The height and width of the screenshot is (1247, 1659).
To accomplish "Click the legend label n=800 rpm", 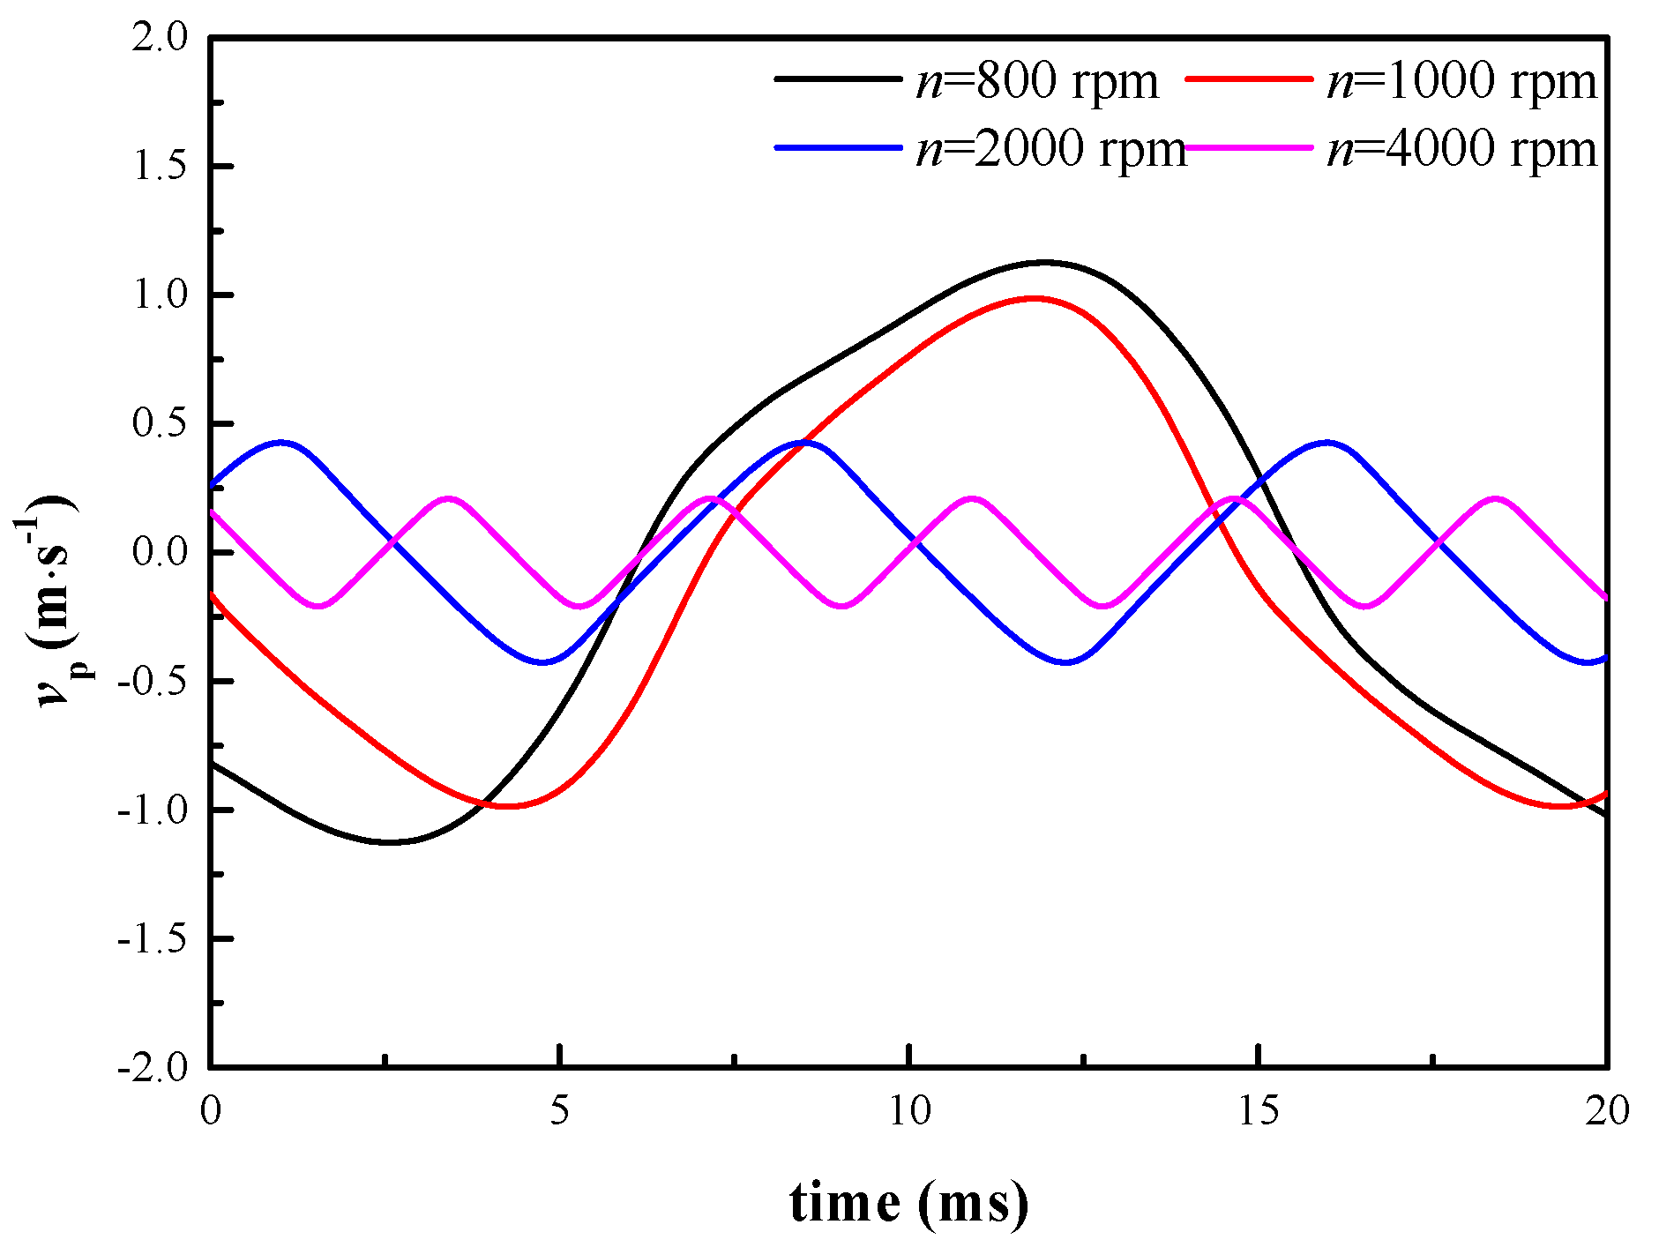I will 1037,81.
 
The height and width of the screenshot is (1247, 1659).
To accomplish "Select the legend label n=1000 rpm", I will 1461,81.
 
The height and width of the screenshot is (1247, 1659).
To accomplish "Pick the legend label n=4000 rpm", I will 1461,148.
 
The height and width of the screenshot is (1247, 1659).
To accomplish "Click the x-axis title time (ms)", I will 908,1201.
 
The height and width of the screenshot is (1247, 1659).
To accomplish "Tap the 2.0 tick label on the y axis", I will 161,38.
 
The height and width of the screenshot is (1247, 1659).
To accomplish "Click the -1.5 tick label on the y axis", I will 153,939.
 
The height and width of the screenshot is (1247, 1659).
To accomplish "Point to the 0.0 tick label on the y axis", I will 161,553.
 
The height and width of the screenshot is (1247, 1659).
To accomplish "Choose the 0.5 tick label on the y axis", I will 161,424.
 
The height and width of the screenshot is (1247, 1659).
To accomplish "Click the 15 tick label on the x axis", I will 1259,1111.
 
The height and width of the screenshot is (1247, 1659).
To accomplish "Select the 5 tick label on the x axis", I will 559,1111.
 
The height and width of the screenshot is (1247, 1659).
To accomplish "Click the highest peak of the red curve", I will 1035,298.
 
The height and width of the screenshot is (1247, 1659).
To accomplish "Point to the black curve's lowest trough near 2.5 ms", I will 388,842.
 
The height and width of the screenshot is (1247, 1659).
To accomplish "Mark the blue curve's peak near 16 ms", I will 1326,442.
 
